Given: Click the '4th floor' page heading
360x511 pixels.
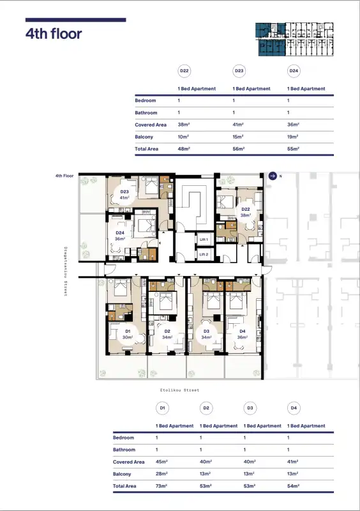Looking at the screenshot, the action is (x=54, y=34).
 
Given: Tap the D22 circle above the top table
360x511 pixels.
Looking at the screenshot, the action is (x=184, y=71).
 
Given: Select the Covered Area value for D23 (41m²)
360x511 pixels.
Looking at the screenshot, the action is (x=238, y=125).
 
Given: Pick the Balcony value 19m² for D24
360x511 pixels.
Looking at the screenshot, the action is (x=292, y=137).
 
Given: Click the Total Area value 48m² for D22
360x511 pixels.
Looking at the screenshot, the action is (x=184, y=149).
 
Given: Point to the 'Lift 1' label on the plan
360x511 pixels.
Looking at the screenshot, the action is (x=204, y=240).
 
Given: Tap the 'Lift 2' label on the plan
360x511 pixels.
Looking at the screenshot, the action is (x=204, y=254).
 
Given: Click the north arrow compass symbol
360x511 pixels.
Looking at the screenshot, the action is (x=273, y=176).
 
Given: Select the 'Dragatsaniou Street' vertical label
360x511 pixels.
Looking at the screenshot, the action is (x=66, y=271).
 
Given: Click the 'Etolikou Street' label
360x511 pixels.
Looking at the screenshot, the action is (x=179, y=390).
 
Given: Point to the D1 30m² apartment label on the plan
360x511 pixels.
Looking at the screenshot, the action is (x=128, y=334).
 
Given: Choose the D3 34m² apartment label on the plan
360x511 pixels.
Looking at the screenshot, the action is (x=206, y=334).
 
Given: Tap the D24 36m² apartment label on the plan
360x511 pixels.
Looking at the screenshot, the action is (x=120, y=236).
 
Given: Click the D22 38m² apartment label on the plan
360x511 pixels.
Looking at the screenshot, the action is (x=246, y=212).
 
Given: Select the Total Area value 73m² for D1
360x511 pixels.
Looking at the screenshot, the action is (x=161, y=486).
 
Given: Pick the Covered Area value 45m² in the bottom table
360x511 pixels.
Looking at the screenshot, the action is (x=161, y=462).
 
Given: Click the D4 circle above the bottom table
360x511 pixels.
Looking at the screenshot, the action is (x=294, y=408).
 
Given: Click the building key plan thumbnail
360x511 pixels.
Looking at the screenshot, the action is (x=294, y=39).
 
